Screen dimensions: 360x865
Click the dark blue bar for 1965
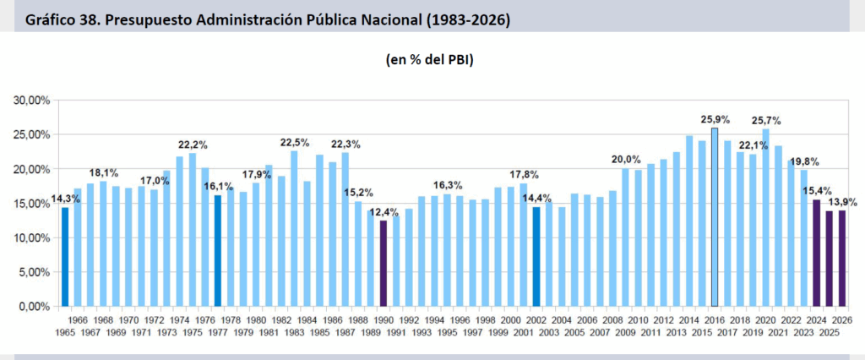coord(65,256)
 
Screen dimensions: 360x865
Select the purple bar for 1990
coord(383,263)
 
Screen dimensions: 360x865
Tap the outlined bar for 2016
coord(715,217)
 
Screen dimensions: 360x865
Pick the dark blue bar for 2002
coord(536,256)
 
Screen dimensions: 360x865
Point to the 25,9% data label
coord(715,119)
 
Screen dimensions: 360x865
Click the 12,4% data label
coord(384,212)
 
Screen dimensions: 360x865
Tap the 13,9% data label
coord(843,202)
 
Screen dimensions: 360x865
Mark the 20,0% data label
coord(626,159)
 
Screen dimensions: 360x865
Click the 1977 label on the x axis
coord(217,331)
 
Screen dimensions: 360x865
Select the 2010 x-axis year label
coord(638,320)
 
